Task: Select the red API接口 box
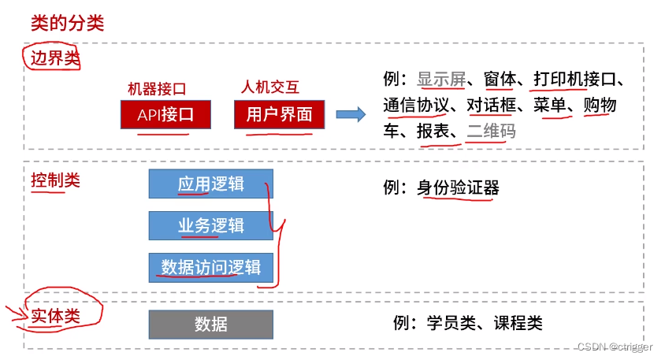(165, 115)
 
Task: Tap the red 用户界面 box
(279, 115)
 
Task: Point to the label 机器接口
(157, 88)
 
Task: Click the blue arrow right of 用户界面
(351, 115)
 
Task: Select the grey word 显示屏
(442, 80)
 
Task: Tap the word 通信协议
(416, 106)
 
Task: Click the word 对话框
(491, 106)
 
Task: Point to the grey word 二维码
(491, 131)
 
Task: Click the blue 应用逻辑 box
(210, 184)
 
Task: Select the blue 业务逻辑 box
(210, 226)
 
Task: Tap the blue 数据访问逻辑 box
(210, 268)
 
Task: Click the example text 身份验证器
(458, 187)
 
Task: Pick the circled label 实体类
(55, 316)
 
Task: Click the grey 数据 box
(210, 324)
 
